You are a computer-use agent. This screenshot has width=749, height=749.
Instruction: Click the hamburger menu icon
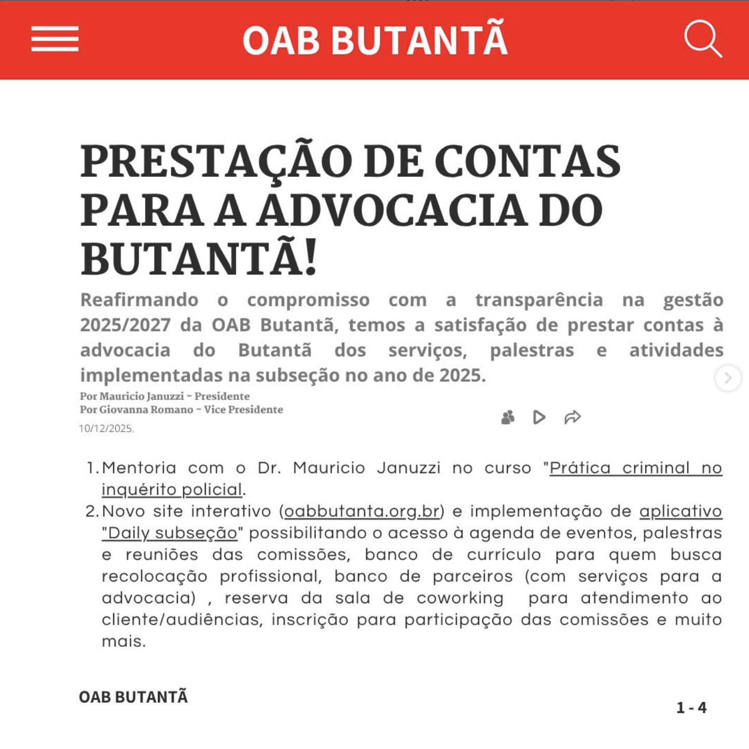pyautogui.click(x=55, y=39)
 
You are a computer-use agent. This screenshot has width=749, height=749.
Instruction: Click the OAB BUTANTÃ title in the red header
pyautogui.click(x=374, y=40)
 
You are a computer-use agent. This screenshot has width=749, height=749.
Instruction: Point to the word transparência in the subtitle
pyautogui.click(x=539, y=300)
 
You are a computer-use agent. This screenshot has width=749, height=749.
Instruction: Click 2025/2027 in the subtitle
pyautogui.click(x=125, y=325)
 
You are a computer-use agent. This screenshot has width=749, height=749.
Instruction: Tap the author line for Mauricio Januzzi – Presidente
pyautogui.click(x=164, y=396)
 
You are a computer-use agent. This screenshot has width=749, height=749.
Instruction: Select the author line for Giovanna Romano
pyautogui.click(x=181, y=410)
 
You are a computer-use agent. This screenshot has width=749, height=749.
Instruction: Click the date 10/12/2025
pyautogui.click(x=106, y=428)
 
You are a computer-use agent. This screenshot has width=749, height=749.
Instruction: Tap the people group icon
pyautogui.click(x=508, y=417)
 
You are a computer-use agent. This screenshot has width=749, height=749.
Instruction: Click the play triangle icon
pyautogui.click(x=539, y=417)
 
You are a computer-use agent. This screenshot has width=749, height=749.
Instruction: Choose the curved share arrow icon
pyautogui.click(x=572, y=417)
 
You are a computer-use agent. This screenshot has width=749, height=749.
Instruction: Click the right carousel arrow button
pyautogui.click(x=728, y=378)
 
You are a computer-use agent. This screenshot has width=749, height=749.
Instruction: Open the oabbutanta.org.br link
pyautogui.click(x=362, y=511)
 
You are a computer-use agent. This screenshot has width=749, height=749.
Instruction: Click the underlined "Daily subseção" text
pyautogui.click(x=170, y=533)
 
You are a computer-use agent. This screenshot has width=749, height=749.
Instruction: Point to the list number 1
pyautogui.click(x=92, y=468)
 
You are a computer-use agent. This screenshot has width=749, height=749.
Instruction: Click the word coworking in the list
pyautogui.click(x=460, y=598)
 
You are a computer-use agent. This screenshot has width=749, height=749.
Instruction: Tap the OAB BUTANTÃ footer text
pyautogui.click(x=133, y=697)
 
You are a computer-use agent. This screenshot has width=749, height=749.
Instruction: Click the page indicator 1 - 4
pyautogui.click(x=691, y=708)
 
